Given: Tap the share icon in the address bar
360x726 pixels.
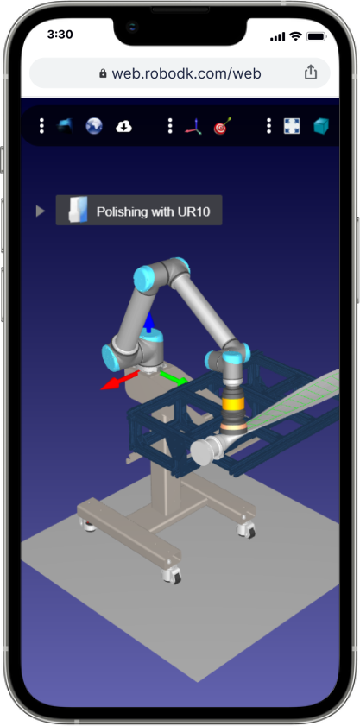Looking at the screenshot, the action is click(311, 73).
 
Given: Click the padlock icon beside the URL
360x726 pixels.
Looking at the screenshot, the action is click(103, 73).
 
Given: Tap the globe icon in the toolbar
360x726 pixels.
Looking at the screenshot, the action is click(94, 126).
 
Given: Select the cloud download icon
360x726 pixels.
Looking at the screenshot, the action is click(123, 126).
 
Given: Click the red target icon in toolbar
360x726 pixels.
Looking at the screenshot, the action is click(223, 126).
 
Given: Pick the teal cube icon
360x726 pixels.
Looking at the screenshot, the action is click(321, 126).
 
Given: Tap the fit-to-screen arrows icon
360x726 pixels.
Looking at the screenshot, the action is click(292, 126).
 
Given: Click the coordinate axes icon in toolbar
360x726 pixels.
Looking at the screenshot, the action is click(193, 126).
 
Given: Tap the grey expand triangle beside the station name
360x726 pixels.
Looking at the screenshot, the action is click(41, 211).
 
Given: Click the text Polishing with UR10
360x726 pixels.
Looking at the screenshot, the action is click(153, 211).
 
